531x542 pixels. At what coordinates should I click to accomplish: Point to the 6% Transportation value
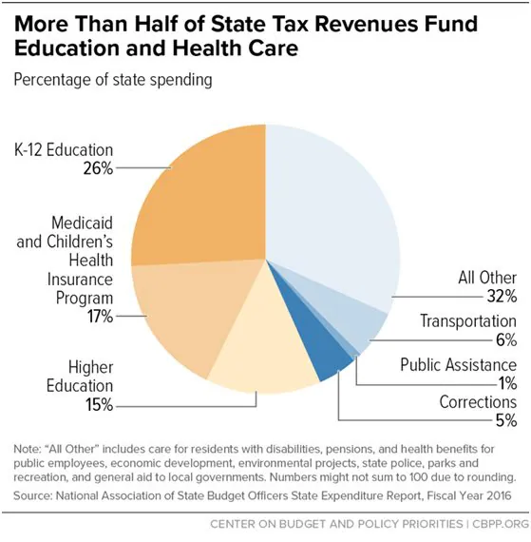coord(504,339)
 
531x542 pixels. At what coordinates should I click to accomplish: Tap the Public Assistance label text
coord(458,364)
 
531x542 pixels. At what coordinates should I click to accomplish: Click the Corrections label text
coord(478,402)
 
